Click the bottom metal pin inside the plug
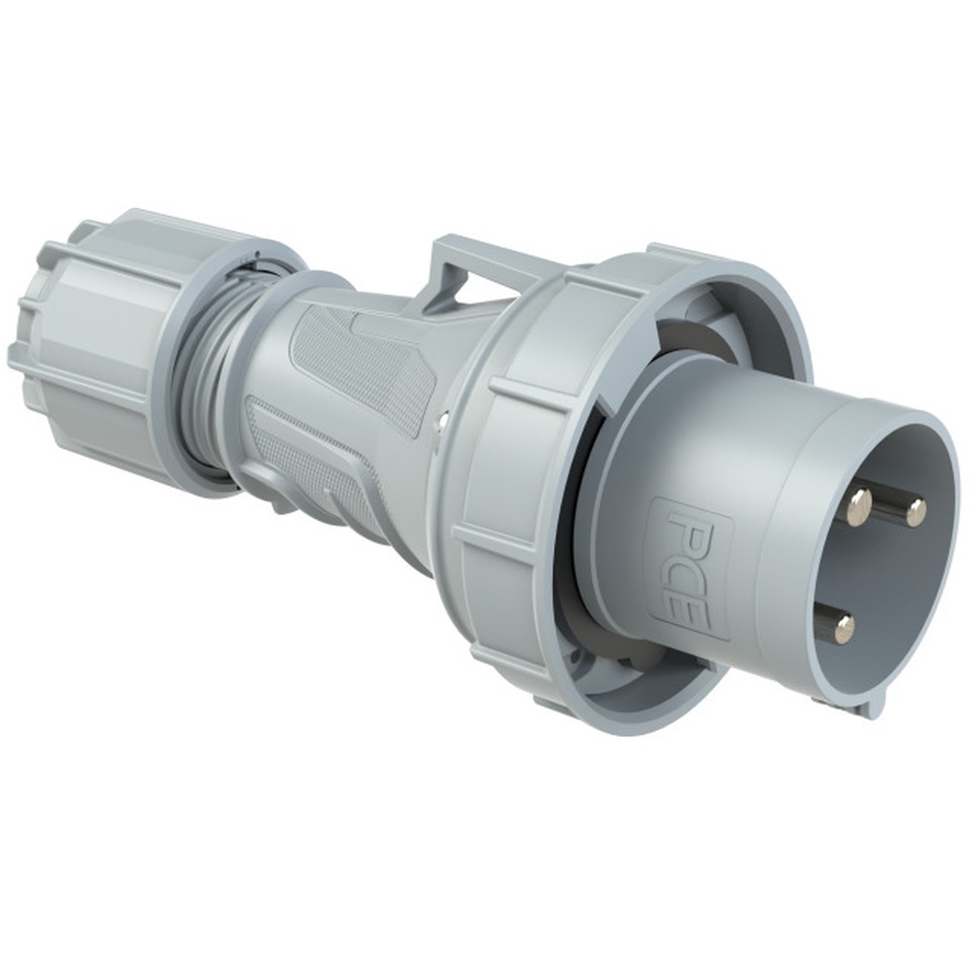click(843, 628)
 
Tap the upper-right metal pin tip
click(915, 511)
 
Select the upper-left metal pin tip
click(858, 505)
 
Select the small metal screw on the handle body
click(442, 420)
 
